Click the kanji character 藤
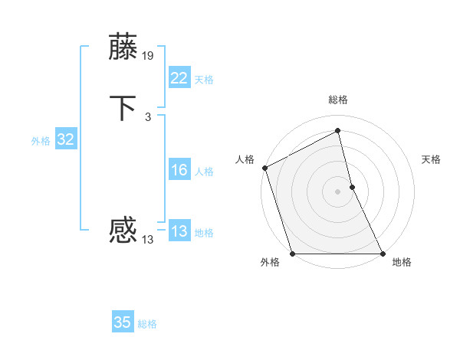[123, 47]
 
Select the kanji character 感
[123, 229]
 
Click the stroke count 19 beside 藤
[148, 56]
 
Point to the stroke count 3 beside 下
[147, 117]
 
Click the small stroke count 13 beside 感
[147, 239]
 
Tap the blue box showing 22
[179, 78]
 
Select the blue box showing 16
[179, 170]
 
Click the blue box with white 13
[179, 231]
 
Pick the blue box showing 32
[65, 139]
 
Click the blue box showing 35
[123, 322]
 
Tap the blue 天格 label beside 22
[204, 80]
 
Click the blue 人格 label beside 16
[204, 172]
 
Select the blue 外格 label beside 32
[41, 141]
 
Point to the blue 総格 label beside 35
[147, 324]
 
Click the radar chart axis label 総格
[337, 100]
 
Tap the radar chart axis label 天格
[432, 159]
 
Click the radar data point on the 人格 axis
[264, 168]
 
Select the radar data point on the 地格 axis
[383, 254]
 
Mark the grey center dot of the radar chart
[337, 191]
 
